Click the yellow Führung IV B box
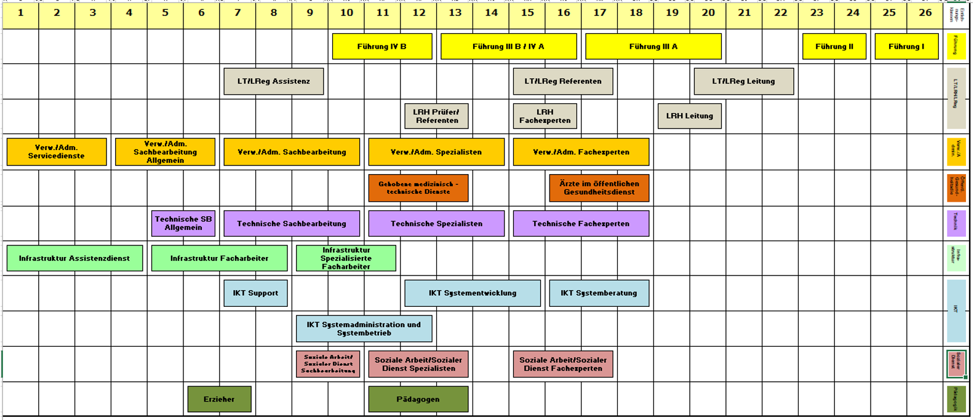pos(382,47)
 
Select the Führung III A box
pos(653,47)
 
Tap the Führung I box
pos(906,47)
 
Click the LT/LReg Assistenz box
pos(274,81)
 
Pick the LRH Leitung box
pos(689,116)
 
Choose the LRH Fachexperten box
pos(545,116)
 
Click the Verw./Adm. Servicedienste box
pos(57,152)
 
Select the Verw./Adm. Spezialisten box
pos(436,152)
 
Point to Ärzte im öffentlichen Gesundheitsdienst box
pos(599,188)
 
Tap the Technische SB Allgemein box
pos(183,223)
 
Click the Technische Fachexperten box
pos(581,223)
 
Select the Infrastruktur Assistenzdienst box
pos(74,258)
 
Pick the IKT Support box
pos(255,293)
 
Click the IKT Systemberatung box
pos(599,293)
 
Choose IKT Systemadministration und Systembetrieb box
pos(364,329)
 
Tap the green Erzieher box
pos(219,399)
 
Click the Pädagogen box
pos(418,399)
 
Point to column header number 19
pos(672,13)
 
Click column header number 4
pos(129,13)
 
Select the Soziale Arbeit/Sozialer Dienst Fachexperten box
pos(562,365)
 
